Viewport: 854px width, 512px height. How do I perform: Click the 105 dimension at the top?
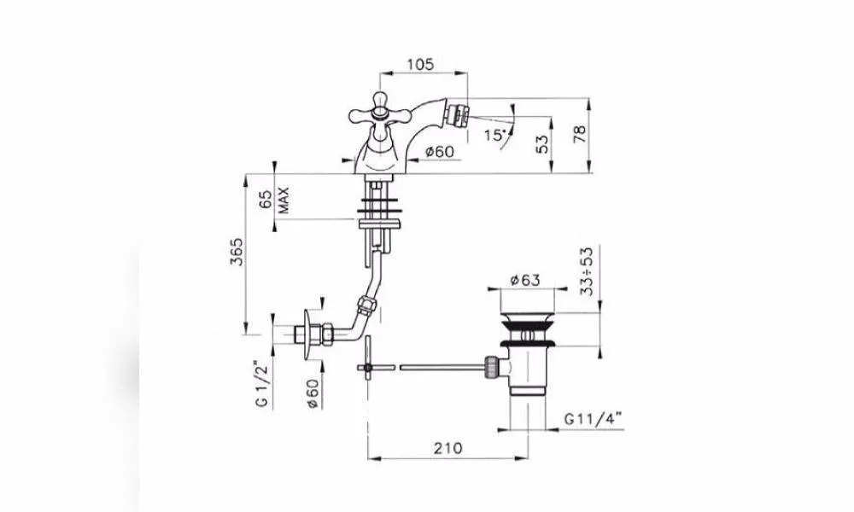pos(420,64)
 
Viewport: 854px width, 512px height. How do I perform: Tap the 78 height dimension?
pos(580,134)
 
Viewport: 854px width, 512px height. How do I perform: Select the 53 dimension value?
pos(542,144)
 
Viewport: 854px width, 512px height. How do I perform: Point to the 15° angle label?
pos(495,134)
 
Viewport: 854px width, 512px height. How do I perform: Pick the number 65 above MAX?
pos(266,200)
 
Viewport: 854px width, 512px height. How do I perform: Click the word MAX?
pos(284,200)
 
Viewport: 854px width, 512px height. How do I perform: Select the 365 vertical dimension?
pos(237,251)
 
